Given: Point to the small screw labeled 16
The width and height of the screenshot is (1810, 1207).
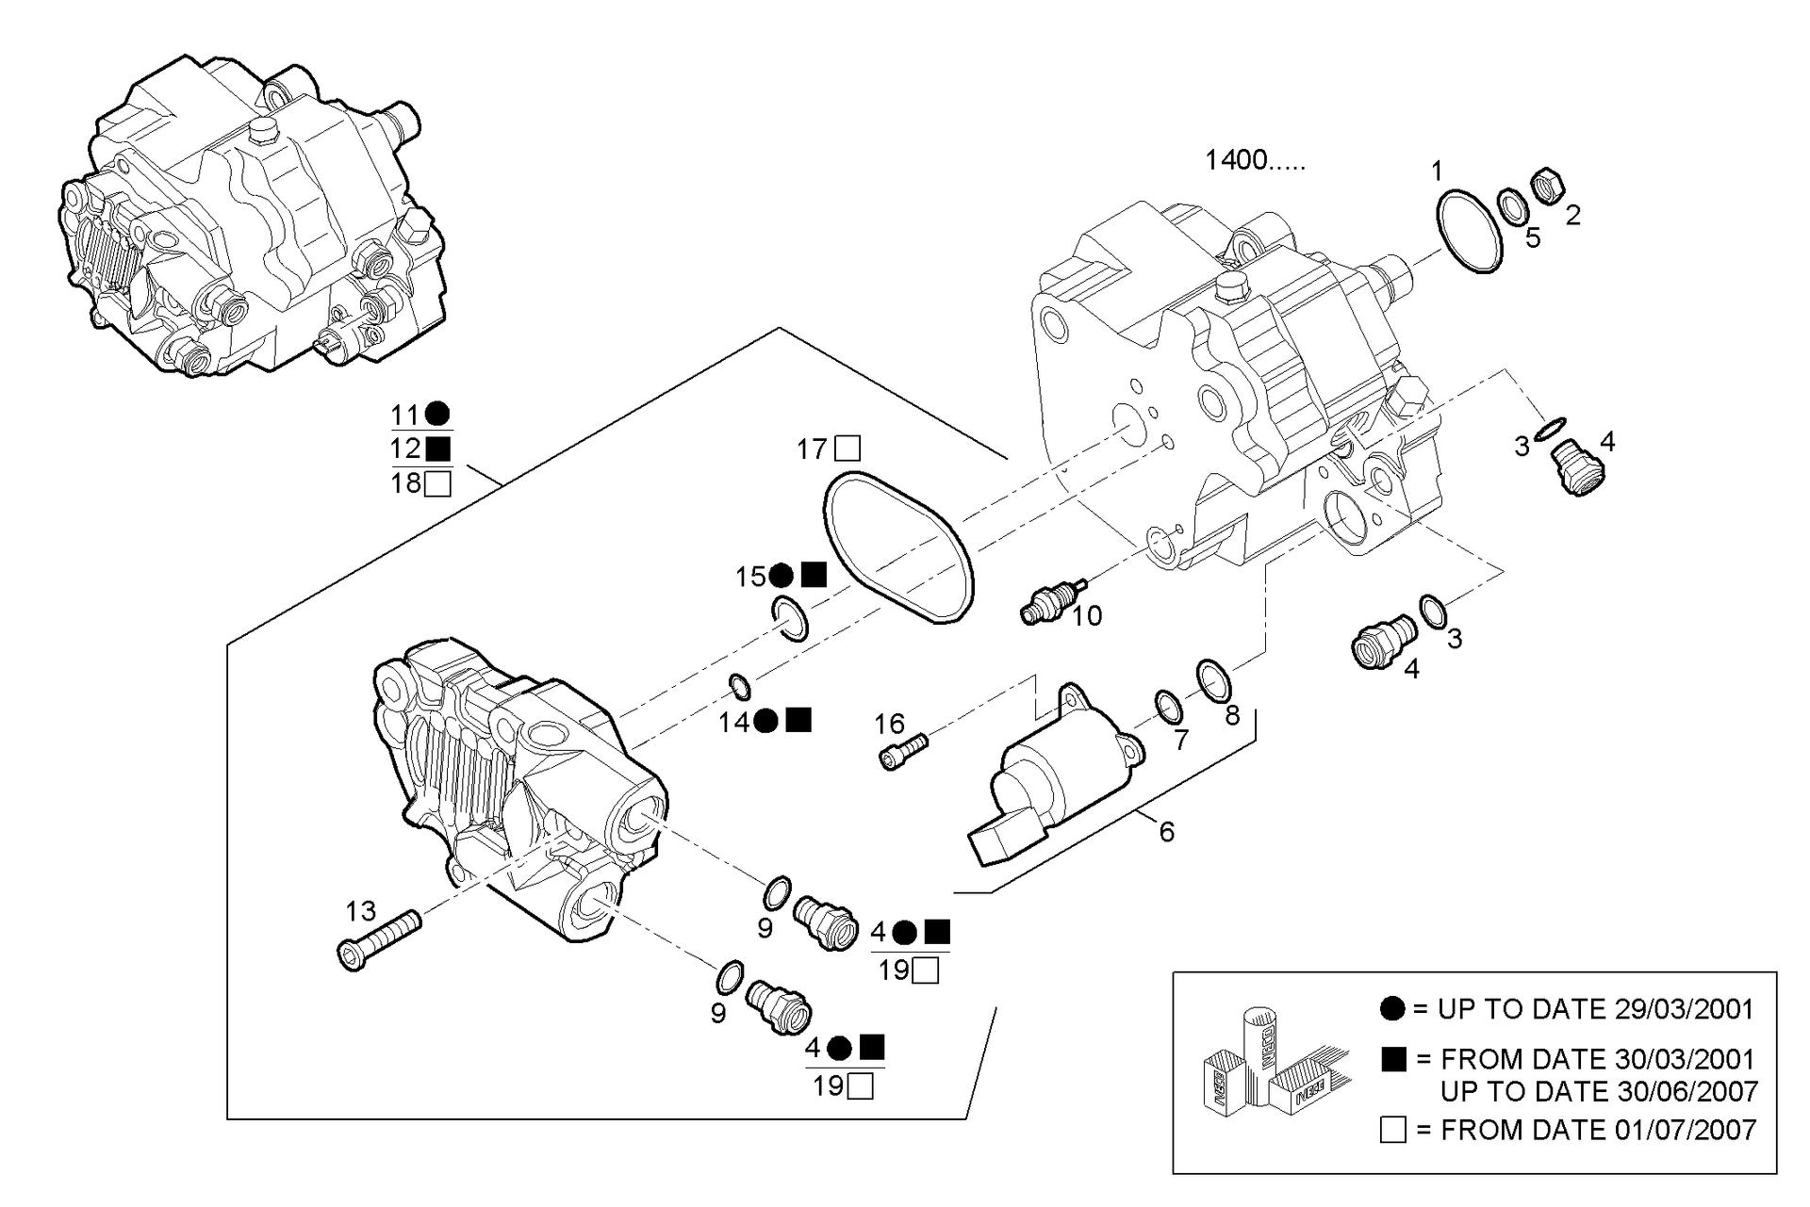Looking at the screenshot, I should pos(903,752).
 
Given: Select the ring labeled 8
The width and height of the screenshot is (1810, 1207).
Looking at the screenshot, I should pos(1213,680).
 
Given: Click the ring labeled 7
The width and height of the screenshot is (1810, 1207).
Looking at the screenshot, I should pos(1169,707).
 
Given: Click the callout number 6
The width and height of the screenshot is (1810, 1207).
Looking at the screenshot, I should pos(1167,832).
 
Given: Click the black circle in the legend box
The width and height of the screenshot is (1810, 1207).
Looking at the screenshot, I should pos(1392,1009).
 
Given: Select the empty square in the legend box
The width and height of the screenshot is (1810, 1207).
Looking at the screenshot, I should pos(1392,1130).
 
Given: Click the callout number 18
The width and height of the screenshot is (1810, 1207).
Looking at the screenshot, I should pos(406,484).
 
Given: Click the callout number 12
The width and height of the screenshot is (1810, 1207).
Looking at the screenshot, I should pos(406,449).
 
